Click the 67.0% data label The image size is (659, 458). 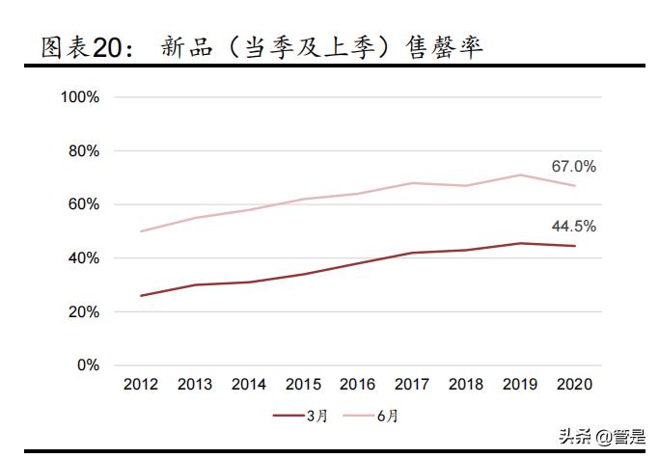(x=573, y=167)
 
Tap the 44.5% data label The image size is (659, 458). (x=573, y=227)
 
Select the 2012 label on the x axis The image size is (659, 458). (x=141, y=384)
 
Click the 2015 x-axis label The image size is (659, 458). (x=304, y=384)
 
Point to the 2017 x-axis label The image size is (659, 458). (x=413, y=384)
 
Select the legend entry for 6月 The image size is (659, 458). (x=371, y=416)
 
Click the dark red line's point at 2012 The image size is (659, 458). (x=141, y=296)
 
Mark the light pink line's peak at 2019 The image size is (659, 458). (x=521, y=175)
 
